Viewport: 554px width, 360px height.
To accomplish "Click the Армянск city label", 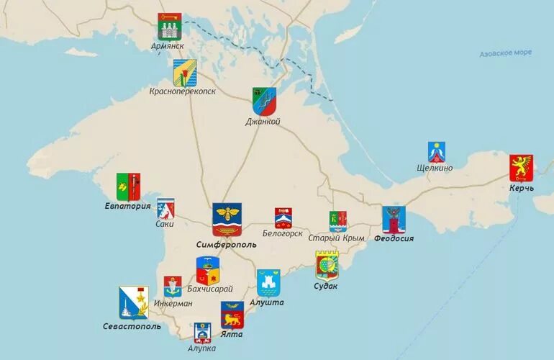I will point(168,45).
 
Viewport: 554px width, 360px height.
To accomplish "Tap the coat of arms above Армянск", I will point(170,27).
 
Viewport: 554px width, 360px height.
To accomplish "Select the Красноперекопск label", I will point(182,91).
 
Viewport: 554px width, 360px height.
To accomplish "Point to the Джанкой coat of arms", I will point(263,102).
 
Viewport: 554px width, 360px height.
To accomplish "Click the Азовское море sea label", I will point(506,53).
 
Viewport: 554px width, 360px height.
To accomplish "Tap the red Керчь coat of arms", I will point(521,168).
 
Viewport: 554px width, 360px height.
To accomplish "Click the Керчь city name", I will point(522,188).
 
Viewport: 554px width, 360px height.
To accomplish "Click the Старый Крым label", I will point(336,238).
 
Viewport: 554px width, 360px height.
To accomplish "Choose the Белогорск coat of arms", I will point(283,217).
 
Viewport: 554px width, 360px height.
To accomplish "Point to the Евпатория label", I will point(127,206).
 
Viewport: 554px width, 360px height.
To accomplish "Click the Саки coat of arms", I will point(165,209).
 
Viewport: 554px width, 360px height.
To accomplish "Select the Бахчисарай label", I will point(209,289).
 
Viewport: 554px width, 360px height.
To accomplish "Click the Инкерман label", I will point(173,303).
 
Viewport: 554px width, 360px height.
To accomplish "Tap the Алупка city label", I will point(201,348).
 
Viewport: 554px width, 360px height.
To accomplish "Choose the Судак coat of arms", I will point(327,266).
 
